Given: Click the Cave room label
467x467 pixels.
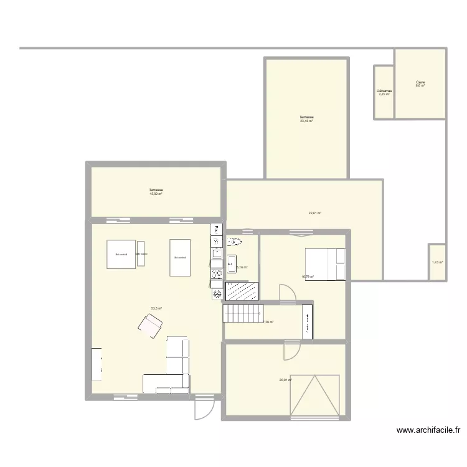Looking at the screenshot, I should (420, 83).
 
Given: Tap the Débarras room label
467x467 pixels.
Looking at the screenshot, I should (384, 92).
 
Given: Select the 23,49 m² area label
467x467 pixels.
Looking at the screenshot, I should (306, 120).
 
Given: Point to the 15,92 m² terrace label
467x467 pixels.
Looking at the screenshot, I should (156, 192).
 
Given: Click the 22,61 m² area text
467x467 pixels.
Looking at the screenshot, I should (314, 213).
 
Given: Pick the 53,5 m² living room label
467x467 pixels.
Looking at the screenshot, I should (156, 308).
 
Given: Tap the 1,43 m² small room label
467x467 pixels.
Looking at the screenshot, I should (437, 262).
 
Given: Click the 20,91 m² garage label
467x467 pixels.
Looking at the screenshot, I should (286, 379).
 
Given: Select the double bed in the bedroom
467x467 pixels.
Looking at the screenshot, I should (324, 264).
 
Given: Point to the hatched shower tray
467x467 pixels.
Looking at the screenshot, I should (242, 291).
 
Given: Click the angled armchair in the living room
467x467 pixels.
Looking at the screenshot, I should (151, 324).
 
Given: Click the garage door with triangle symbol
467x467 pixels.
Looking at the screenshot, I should (314, 395).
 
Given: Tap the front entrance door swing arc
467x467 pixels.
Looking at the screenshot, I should (204, 408).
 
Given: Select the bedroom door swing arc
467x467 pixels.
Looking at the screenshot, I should (288, 294).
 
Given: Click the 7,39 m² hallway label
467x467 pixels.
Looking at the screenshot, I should (268, 322).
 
